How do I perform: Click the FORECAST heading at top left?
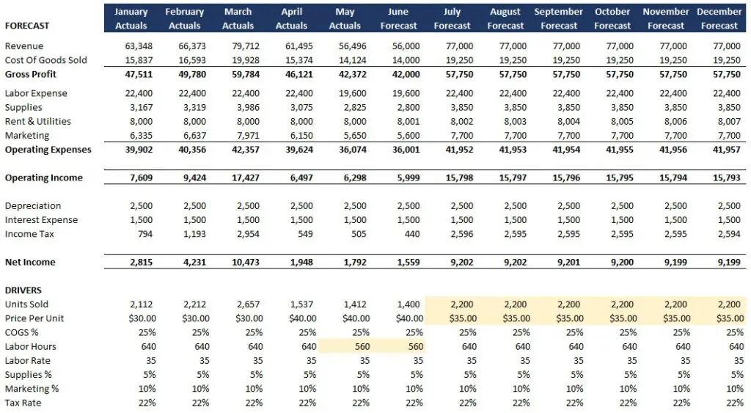27,26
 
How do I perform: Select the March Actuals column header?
238,19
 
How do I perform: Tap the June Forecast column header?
398,19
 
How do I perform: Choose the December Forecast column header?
719,19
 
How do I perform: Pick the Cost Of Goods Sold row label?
45,60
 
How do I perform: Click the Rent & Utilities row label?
37,121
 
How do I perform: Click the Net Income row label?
30,262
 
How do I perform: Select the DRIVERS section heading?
23,290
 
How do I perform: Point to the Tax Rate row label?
23,403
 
